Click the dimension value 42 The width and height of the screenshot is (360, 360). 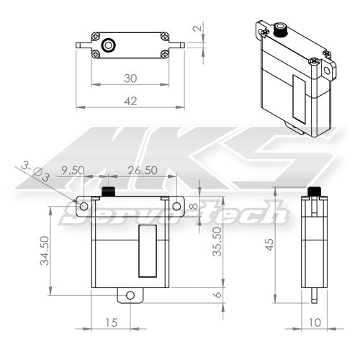[130, 102]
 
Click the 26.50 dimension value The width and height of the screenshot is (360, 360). [142, 171]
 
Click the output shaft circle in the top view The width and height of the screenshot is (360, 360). [108, 44]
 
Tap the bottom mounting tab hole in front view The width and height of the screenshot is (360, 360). [130, 295]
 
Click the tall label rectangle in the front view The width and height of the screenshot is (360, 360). [147, 250]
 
